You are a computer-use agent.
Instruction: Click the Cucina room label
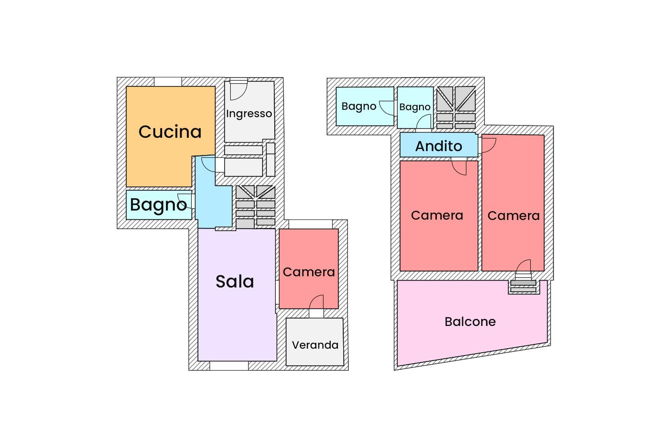click(170, 132)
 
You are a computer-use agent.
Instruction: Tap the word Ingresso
click(249, 114)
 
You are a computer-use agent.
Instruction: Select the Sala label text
click(235, 282)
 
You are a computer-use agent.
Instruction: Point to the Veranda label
click(315, 345)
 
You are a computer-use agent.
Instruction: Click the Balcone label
click(470, 322)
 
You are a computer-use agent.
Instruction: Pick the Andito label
click(439, 146)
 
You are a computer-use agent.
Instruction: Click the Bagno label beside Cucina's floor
click(158, 205)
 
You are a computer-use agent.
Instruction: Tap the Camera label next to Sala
click(309, 272)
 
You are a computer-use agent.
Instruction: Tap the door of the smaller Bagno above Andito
click(424, 122)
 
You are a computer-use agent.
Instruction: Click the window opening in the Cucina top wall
click(168, 81)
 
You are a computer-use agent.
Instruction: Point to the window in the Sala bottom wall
click(229, 366)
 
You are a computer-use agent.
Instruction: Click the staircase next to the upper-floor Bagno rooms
click(456, 108)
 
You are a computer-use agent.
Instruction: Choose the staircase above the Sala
click(255, 207)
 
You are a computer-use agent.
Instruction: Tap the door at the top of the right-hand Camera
click(489, 145)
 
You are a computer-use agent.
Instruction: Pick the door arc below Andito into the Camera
click(459, 167)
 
